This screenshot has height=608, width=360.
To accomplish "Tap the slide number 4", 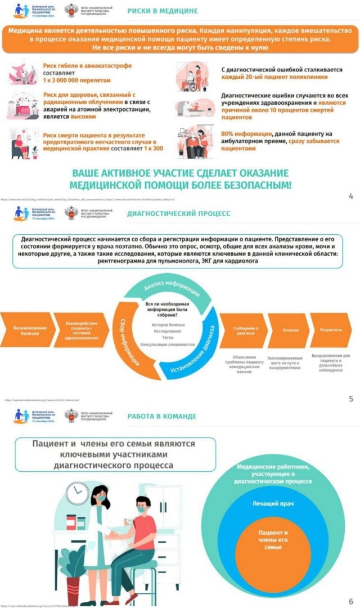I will click(350, 196).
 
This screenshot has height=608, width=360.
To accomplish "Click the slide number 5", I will click(350, 399).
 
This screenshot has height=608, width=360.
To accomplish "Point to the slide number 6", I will click(350, 601).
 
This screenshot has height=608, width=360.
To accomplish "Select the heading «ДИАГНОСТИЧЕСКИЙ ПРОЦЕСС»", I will click(178, 213).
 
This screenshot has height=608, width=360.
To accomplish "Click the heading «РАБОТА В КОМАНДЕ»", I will click(161, 416).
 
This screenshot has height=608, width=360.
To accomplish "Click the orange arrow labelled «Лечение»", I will click(288, 330).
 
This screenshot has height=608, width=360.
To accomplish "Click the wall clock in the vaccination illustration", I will click(77, 493).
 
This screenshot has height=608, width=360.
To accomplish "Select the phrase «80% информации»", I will click(247, 132).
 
